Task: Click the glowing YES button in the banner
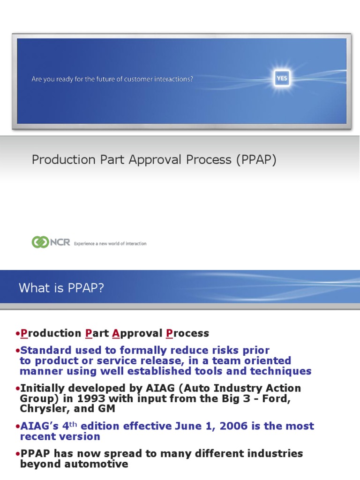point(282,79)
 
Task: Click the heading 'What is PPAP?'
point(61,288)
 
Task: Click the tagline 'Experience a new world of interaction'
point(110,244)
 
